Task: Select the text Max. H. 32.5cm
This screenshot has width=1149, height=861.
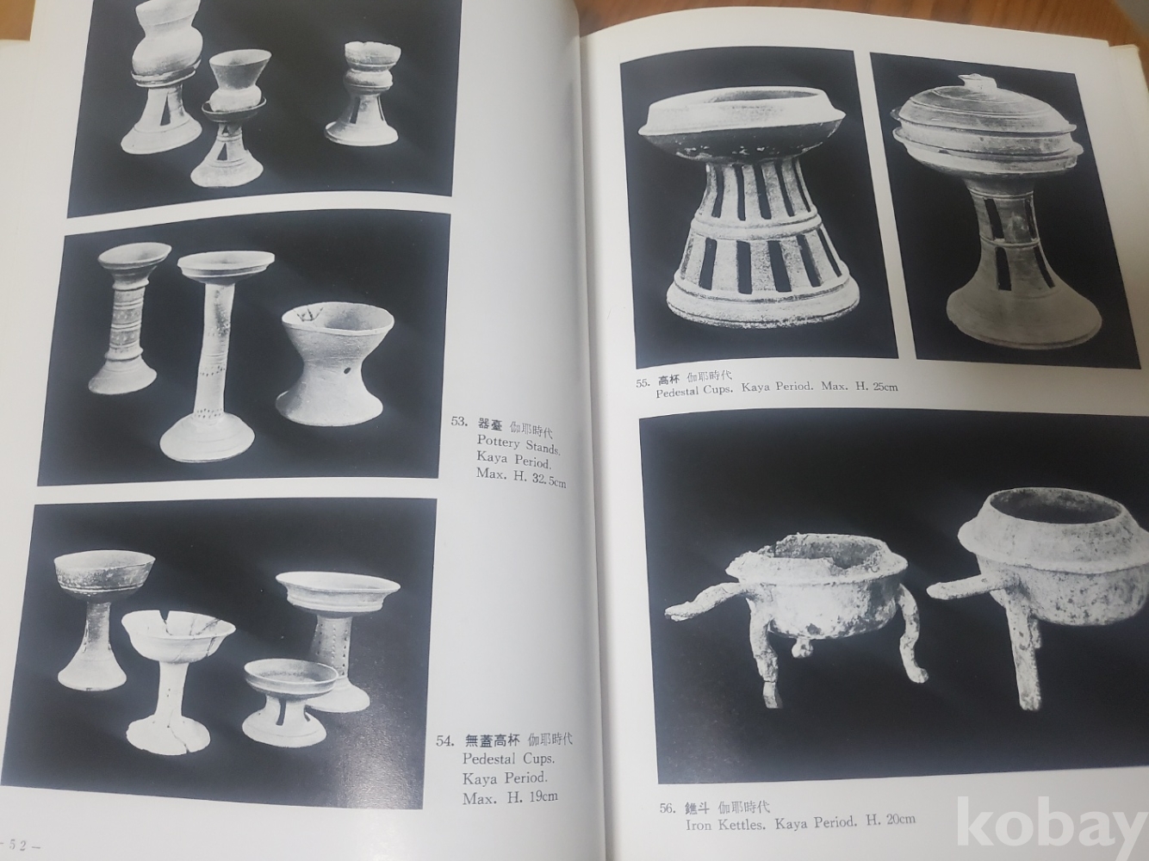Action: click(x=521, y=479)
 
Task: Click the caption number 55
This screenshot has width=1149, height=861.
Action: click(x=643, y=381)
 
